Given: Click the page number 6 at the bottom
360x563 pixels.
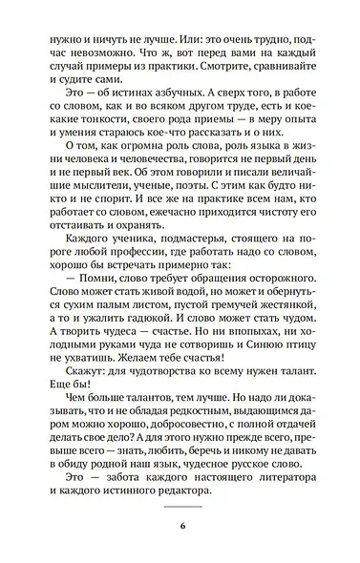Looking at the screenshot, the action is pos(179,527).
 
